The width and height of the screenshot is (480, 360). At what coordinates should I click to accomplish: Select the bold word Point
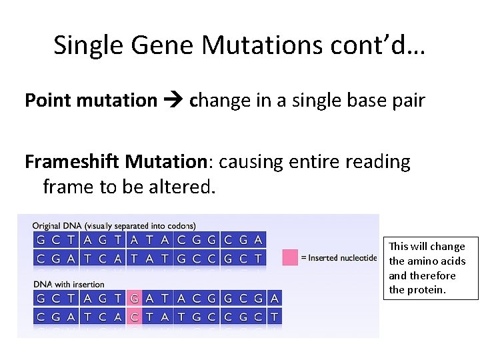(48, 101)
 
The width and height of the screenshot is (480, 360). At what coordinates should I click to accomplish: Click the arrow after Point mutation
(173, 101)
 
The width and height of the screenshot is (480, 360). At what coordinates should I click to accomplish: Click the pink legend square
(290, 257)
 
